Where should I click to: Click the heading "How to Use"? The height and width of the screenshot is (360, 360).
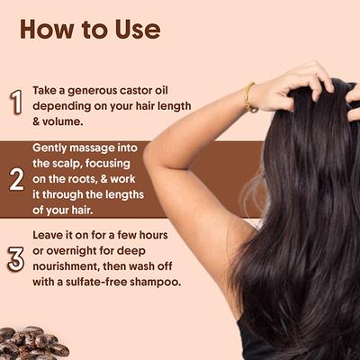[90, 29]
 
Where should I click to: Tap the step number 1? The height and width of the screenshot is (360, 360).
[15, 101]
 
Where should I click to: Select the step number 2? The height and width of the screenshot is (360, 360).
[16, 179]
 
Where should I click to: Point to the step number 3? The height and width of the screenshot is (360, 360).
[15, 258]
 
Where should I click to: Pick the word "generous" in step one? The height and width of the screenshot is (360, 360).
[86, 91]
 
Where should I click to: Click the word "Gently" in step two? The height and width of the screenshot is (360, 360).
[52, 146]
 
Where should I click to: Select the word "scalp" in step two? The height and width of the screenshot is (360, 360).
[70, 162]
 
